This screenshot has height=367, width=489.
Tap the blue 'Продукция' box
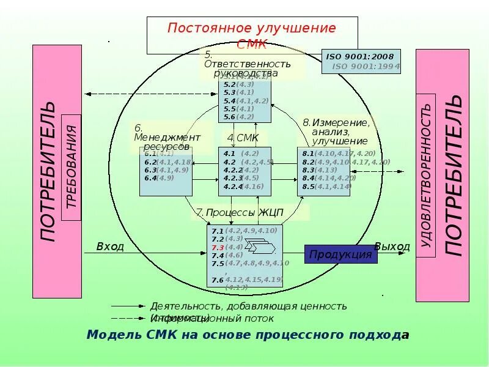pyautogui.click(x=340, y=254)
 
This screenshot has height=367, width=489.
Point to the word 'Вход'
pyautogui.click(x=110, y=247)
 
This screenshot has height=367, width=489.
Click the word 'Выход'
pyautogui.click(x=392, y=247)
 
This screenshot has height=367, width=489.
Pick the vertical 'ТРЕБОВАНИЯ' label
pyautogui.click(x=71, y=167)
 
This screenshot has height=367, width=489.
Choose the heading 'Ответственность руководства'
pyautogui.click(x=247, y=69)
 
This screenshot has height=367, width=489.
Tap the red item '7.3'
pyautogui.click(x=218, y=248)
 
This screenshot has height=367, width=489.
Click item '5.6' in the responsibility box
pyautogui.click(x=229, y=117)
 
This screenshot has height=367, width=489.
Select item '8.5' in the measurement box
pyautogui.click(x=307, y=187)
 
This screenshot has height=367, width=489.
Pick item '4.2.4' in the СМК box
pyautogui.click(x=232, y=187)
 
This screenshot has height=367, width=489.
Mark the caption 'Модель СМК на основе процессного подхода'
pyautogui.click(x=248, y=335)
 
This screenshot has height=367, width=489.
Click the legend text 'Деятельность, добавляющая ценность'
pyautogui.click(x=248, y=306)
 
